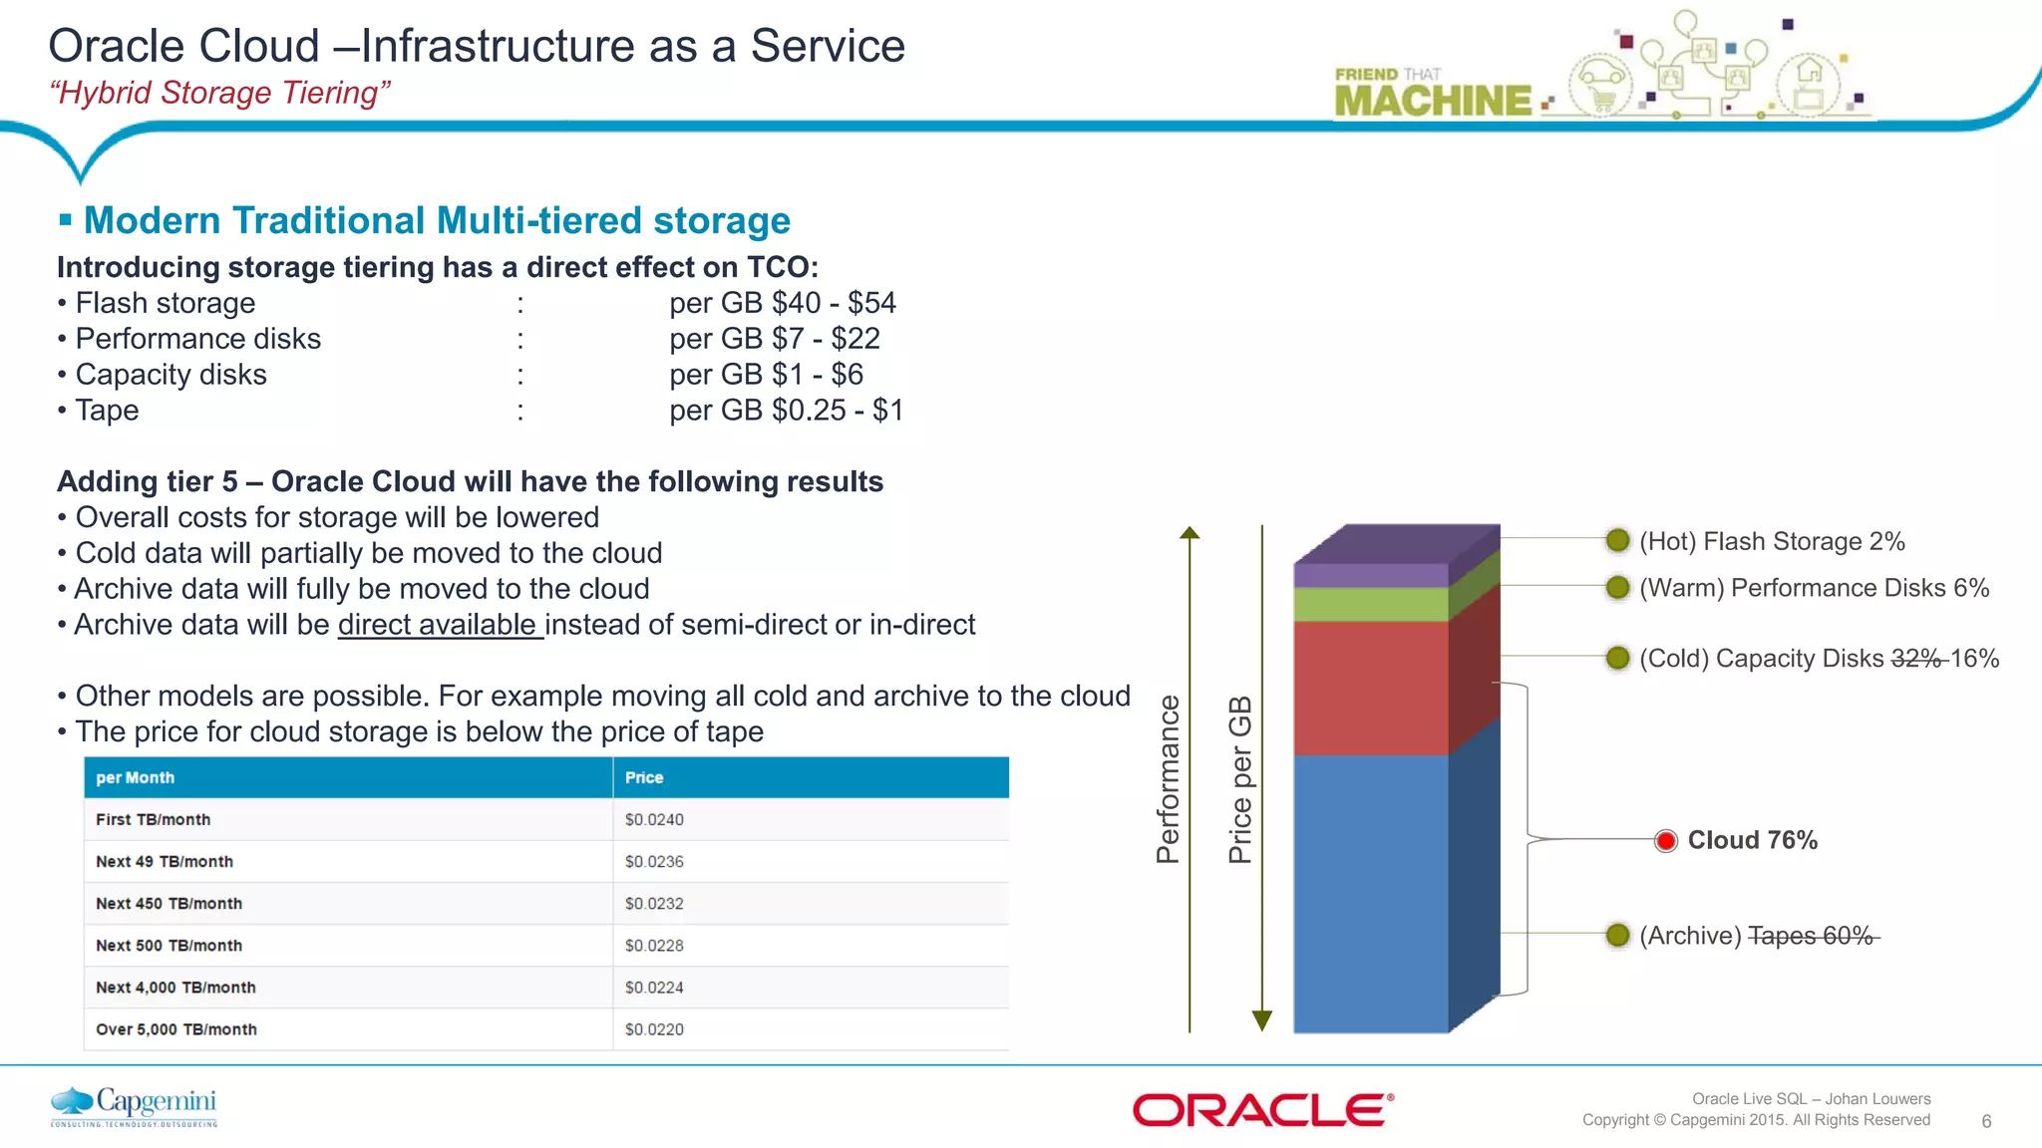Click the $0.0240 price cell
click(x=654, y=819)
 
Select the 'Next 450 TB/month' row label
click(x=169, y=903)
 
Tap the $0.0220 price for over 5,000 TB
click(x=654, y=1029)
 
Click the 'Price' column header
click(x=644, y=777)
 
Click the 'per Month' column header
click(x=135, y=777)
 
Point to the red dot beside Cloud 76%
click(x=1665, y=841)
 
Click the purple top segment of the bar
click(x=1371, y=574)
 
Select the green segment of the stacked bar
click(x=1371, y=604)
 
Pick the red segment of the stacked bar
click(x=1371, y=688)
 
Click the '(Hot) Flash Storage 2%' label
click(x=1772, y=541)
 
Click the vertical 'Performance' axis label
click(x=1168, y=779)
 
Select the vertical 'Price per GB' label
click(x=1239, y=779)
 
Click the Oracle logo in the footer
click(x=1262, y=1110)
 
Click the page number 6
click(x=1986, y=1121)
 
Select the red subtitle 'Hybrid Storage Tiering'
click(x=219, y=93)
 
